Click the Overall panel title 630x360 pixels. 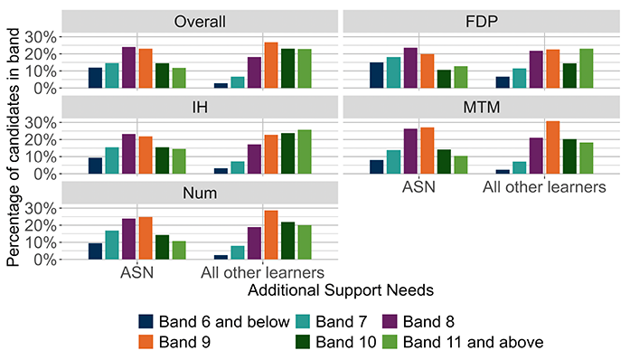200,22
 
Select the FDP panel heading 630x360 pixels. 482,22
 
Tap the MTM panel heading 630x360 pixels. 482,108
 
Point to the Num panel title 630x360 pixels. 200,193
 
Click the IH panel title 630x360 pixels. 200,108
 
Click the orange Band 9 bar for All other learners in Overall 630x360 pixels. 271,65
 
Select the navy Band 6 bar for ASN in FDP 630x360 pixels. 377,75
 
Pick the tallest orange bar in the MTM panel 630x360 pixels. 553,147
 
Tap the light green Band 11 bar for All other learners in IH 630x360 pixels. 305,152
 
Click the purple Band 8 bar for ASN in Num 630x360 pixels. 129,239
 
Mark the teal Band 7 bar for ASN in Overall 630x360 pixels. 112,76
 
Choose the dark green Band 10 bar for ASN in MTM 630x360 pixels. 444,162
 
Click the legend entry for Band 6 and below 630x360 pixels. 214,322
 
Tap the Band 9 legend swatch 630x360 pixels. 146,342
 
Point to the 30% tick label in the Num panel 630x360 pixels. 41,208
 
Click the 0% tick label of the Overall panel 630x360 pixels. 44,89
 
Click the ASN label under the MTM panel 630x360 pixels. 418,187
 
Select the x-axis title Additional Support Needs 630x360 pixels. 341,290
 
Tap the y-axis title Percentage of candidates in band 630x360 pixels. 13,147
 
